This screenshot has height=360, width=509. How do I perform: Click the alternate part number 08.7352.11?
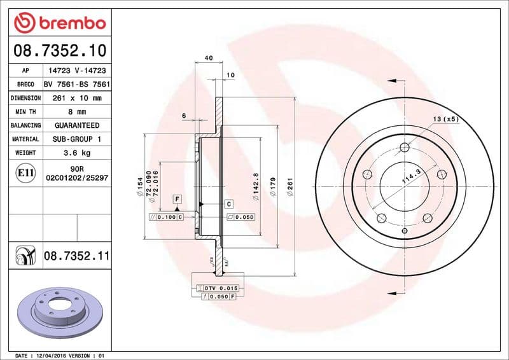click(x=76, y=256)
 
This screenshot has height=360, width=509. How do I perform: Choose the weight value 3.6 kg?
click(x=76, y=153)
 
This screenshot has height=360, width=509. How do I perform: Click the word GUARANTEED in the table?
click(x=76, y=125)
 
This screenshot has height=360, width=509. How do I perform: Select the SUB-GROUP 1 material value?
click(x=76, y=139)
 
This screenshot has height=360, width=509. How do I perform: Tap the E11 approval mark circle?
click(x=26, y=172)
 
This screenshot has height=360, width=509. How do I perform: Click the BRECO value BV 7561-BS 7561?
click(x=76, y=85)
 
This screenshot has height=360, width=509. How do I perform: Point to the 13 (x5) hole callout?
click(x=445, y=120)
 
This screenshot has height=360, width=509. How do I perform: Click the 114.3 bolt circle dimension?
click(x=412, y=176)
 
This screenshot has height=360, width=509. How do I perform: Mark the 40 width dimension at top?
click(x=209, y=59)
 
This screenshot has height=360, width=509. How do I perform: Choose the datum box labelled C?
click(x=229, y=204)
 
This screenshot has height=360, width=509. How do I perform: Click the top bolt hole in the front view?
click(x=405, y=149)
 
